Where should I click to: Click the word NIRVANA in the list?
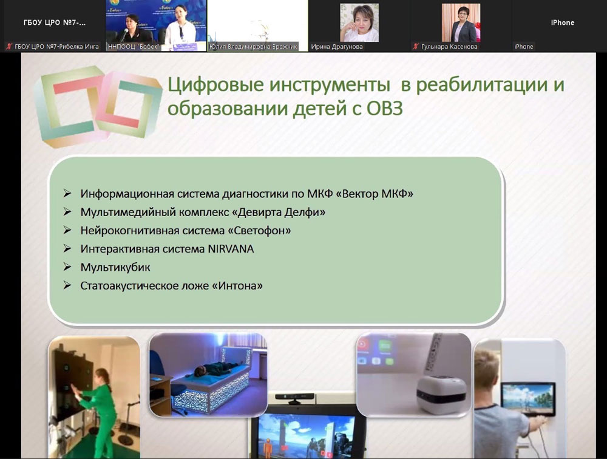click(231, 249)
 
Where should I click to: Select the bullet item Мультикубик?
click(115, 267)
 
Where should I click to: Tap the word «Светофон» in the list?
click(259, 231)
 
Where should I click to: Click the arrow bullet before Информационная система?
click(67, 193)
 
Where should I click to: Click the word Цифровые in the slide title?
click(215, 85)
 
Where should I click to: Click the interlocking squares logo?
click(98, 106)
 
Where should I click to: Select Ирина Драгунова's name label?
click(337, 47)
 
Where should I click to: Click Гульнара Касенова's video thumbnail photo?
click(461, 22)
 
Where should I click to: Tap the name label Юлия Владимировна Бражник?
click(253, 47)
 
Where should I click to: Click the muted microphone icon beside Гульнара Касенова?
click(415, 47)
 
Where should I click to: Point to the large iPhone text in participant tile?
click(563, 22)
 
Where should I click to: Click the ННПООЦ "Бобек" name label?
click(133, 47)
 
